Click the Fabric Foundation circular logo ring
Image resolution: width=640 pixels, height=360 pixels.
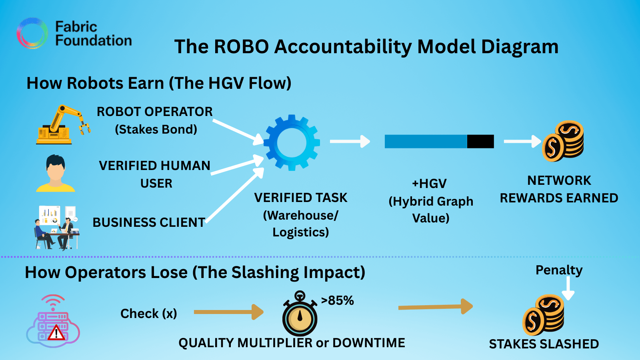tap(32, 33)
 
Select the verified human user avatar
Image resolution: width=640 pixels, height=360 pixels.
tap(56, 174)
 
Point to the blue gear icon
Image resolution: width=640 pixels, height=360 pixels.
tap(292, 143)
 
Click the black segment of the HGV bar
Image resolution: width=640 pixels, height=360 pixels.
tap(480, 142)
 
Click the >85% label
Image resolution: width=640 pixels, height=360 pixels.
tap(337, 300)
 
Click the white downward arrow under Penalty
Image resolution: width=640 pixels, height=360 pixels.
tap(568, 288)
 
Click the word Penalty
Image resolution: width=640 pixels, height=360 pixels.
tap(559, 270)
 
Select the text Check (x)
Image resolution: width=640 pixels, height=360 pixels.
tap(149, 314)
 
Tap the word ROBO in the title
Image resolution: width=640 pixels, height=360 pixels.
tap(241, 47)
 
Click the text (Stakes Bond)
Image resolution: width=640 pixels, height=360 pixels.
tap(156, 130)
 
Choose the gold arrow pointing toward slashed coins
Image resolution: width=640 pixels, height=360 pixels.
tap(436, 307)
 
